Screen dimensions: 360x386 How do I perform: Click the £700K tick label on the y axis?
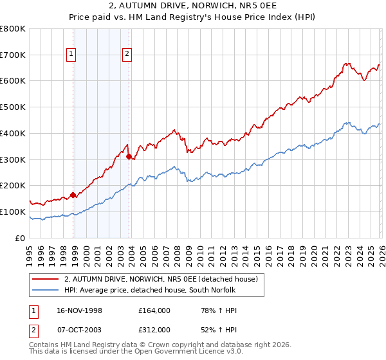(13, 55)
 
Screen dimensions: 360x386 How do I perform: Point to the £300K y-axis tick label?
(13, 159)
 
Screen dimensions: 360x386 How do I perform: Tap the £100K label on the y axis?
(13, 212)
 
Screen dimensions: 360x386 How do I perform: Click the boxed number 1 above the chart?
(71, 54)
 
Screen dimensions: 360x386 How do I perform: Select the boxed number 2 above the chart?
(127, 54)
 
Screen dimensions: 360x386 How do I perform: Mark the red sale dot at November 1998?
(73, 195)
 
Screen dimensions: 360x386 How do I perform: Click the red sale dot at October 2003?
(129, 156)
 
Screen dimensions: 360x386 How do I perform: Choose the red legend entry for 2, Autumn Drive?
(161, 279)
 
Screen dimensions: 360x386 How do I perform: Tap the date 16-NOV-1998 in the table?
(79, 310)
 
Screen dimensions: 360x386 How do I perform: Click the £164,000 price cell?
(154, 310)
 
